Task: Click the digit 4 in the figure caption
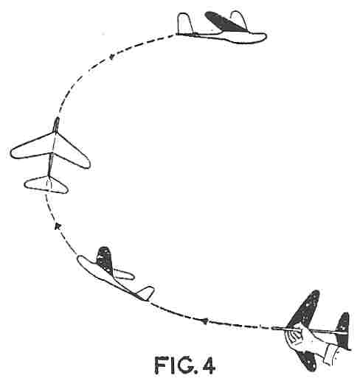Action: tap(209, 366)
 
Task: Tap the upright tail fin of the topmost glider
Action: tap(185, 24)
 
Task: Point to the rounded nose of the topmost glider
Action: tap(263, 37)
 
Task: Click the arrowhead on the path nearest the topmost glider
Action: tap(111, 57)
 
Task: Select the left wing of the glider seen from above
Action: tap(32, 147)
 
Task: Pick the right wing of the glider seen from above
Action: tap(72, 152)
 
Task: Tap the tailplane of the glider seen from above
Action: tap(46, 185)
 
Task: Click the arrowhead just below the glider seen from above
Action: tap(57, 226)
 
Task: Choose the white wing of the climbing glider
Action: tap(124, 275)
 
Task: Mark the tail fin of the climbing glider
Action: tap(145, 293)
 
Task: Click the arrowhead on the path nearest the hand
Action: tap(204, 321)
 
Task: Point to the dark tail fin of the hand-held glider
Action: tap(343, 330)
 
